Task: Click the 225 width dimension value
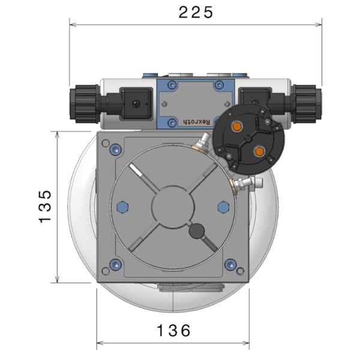click(196, 13)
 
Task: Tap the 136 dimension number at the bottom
click(173, 330)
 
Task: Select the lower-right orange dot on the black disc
click(259, 152)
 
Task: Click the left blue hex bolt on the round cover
click(123, 207)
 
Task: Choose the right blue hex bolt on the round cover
click(223, 207)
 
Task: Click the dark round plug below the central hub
click(197, 231)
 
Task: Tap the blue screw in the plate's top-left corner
click(106, 144)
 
